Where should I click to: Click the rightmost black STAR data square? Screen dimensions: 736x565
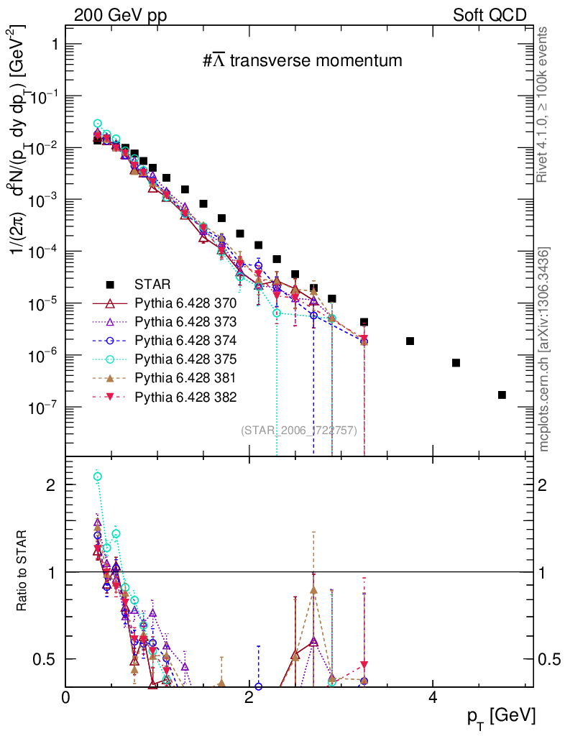click(x=502, y=395)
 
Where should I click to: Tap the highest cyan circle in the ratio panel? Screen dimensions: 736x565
click(x=98, y=477)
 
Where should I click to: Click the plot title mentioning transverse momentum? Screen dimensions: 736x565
click(x=302, y=61)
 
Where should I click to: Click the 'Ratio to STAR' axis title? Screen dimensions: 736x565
click(x=22, y=571)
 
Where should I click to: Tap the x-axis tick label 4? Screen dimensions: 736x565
click(x=432, y=697)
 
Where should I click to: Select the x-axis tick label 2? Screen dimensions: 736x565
click(x=249, y=697)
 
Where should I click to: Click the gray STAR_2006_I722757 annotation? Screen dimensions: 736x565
click(x=298, y=431)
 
